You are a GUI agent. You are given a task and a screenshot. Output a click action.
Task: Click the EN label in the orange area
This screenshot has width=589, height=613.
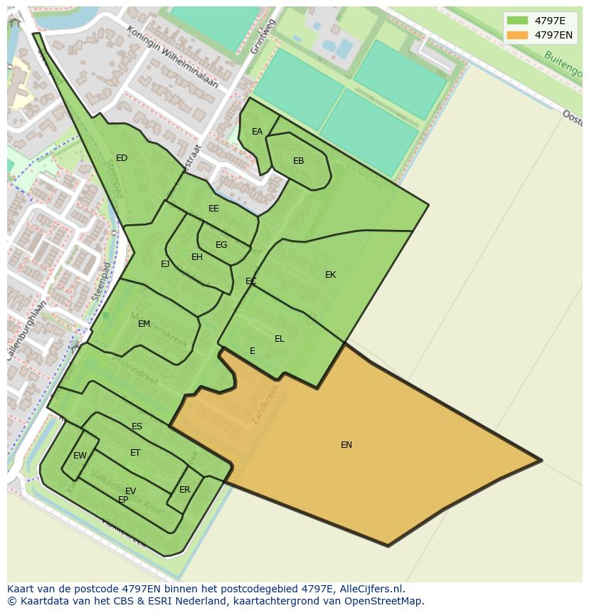tap(346, 445)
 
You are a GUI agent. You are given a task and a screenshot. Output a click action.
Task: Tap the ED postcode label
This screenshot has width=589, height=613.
tap(122, 158)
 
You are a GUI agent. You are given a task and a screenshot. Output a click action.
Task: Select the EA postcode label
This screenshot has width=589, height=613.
tap(257, 132)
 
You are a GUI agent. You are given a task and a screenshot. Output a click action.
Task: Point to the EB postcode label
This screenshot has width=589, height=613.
tap(298, 161)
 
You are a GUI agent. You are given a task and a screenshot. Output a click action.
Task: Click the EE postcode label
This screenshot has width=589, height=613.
tap(213, 209)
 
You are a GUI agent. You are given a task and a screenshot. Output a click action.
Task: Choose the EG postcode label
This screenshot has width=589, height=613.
tap(221, 245)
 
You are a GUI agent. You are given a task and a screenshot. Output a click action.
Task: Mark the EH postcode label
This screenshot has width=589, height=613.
tap(197, 257)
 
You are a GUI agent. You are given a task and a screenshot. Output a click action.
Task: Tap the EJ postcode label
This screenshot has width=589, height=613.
tap(165, 264)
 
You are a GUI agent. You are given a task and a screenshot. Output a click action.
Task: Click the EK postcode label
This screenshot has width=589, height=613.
tap(330, 275)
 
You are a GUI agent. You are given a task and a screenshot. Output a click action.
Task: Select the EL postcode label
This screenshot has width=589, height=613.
tap(279, 339)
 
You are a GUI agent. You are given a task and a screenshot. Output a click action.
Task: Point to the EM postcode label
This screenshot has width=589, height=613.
tap(144, 324)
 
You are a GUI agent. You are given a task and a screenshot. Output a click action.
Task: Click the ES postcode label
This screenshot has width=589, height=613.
tap(137, 427)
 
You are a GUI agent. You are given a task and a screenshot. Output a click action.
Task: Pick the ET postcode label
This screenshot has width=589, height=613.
tap(135, 453)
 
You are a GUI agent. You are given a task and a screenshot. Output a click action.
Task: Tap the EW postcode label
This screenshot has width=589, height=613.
tap(80, 456)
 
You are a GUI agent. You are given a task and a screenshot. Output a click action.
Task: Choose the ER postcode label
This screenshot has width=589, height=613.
tap(185, 490)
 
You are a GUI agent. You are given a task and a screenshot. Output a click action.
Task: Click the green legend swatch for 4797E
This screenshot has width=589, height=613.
tap(517, 21)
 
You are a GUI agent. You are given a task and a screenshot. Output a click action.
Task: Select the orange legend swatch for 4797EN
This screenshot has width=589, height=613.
tap(517, 35)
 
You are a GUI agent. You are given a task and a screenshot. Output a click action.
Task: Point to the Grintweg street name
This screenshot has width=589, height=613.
tap(262, 36)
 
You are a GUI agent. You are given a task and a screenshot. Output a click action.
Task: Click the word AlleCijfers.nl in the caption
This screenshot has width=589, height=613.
tap(371, 589)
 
